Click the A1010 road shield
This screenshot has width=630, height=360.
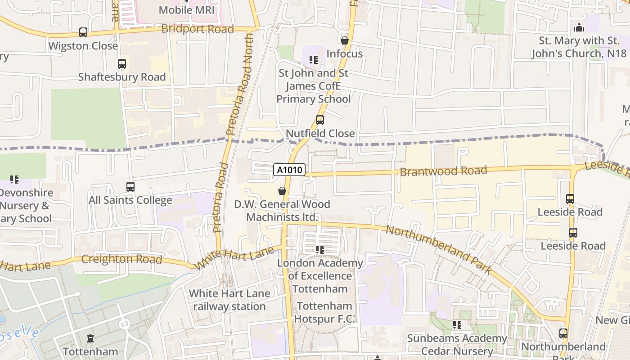tap(290, 170)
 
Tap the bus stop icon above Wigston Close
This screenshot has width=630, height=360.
tap(83, 32)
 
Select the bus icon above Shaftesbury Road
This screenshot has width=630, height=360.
tap(122, 64)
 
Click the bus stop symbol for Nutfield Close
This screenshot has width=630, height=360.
tap(320, 120)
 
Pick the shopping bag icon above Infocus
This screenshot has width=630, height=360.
tap(345, 40)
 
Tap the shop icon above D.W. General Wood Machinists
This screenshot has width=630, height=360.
tap(282, 191)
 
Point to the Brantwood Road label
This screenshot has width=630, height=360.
tap(443, 171)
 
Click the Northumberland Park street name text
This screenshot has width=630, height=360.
tap(439, 249)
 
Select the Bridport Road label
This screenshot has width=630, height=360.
tap(198, 29)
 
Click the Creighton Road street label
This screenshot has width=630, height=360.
tap(121, 260)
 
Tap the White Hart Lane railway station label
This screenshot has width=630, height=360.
tap(229, 300)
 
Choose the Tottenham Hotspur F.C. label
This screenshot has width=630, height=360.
tap(324, 313)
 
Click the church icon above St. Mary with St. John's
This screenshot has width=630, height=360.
tap(579, 27)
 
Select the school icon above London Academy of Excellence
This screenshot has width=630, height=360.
tap(320, 250)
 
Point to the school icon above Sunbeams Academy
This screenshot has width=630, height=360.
tap(457, 325)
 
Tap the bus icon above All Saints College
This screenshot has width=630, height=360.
tap(130, 187)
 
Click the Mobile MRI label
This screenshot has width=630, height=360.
tap(187, 9)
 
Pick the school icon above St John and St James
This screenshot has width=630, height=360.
tap(314, 60)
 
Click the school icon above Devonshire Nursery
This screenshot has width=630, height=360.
tap(14, 180)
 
